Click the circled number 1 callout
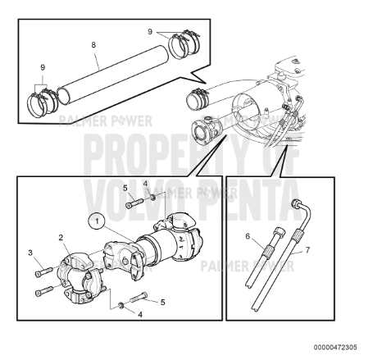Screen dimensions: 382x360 click(x=97, y=221)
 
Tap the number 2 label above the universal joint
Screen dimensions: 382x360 click(x=61, y=238)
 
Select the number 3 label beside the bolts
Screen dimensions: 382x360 click(x=30, y=253)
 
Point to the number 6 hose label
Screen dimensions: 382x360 click(x=248, y=235)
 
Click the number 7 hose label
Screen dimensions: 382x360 click(x=307, y=249)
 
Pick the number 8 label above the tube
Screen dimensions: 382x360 click(x=93, y=44)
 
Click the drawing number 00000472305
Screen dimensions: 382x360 click(x=335, y=348)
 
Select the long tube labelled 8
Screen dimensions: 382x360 click(x=113, y=75)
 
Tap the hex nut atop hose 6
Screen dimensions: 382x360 click(x=280, y=233)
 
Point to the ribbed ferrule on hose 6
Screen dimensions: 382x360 click(x=270, y=249)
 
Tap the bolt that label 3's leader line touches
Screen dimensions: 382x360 click(x=43, y=271)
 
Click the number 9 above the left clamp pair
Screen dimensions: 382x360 click(x=43, y=67)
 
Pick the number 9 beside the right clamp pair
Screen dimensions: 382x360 click(x=150, y=31)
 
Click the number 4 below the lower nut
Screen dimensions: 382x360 click(x=140, y=315)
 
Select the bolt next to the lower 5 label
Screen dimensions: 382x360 click(x=139, y=297)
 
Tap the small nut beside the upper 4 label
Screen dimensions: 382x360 click(x=153, y=197)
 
